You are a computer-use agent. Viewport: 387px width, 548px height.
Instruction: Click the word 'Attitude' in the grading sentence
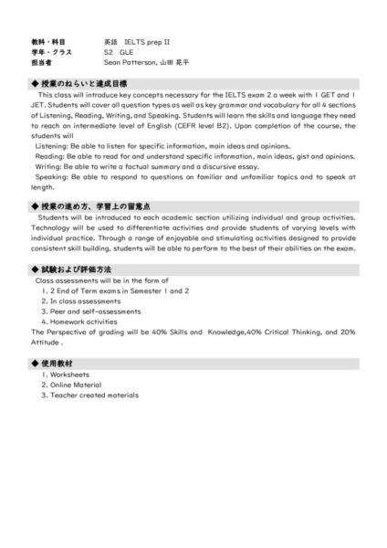[46, 342]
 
